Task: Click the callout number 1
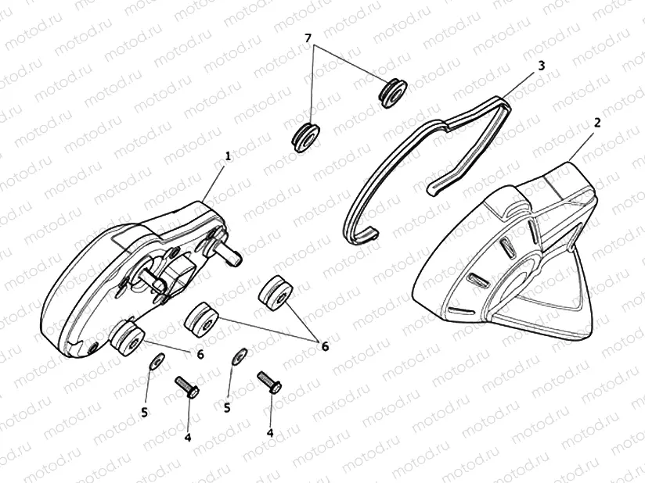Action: coord(228,156)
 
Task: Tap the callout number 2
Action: coord(597,123)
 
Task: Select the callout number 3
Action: coord(541,67)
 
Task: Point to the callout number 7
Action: coord(308,38)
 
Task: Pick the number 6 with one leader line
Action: coord(200,355)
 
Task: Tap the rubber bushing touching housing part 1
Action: coord(125,336)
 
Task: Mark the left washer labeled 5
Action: coord(157,360)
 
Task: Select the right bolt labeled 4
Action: coord(271,383)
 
